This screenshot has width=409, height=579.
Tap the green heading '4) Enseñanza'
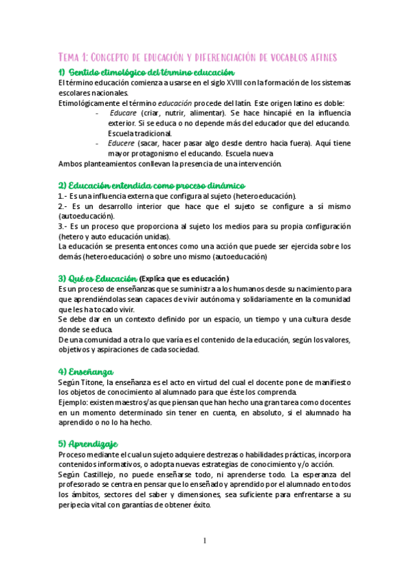(86, 371)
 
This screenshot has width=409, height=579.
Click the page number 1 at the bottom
(204, 541)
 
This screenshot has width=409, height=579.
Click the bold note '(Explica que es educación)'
(184, 278)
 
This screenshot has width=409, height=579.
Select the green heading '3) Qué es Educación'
(98, 277)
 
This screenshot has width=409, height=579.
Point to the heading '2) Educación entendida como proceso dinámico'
(152, 185)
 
